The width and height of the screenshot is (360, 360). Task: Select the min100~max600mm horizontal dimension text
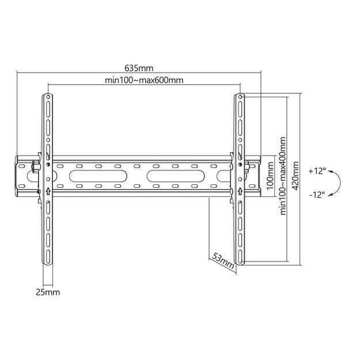(145, 79)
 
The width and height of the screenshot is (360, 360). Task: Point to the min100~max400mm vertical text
(283, 176)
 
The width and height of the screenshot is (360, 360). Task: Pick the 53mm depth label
(223, 260)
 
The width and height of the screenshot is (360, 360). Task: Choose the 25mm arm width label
(48, 293)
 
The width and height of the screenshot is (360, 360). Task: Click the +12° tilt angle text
(317, 171)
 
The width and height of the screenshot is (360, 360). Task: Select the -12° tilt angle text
(317, 194)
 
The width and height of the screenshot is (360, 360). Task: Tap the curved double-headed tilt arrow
(338, 183)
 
